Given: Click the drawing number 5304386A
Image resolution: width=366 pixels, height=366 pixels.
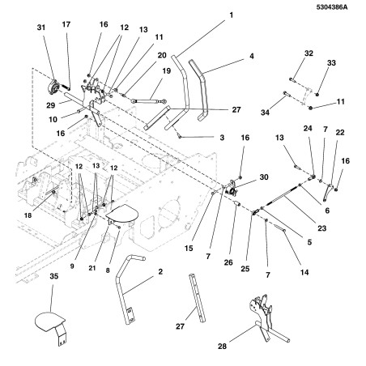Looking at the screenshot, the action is pos(332,7).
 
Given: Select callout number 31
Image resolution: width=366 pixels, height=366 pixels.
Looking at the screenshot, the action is pos(41,28).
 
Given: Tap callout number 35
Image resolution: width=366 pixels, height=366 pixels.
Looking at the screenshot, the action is pos(54,276).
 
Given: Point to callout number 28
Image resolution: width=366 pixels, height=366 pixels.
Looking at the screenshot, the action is pos(222,346).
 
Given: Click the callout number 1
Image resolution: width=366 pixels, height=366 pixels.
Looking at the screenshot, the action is pos(231,15).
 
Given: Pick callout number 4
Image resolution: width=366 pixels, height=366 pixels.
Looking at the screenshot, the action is pos(252,56).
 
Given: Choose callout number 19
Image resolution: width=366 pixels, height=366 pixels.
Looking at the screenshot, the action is pos(167,71).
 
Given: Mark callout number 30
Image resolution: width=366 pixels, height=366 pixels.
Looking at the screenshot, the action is pos(264,177).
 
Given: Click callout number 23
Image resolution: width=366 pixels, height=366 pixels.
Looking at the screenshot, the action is pos(322,228).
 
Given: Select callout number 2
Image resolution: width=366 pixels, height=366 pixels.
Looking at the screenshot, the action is pos(160,271).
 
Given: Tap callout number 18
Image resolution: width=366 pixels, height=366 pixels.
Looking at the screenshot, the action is pos(28,215).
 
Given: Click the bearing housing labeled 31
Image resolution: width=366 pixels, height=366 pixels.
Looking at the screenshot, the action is pos(54,87).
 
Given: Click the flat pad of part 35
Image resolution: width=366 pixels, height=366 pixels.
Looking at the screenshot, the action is pos(50,321).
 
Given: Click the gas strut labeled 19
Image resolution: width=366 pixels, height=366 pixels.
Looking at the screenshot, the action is pos(149,101).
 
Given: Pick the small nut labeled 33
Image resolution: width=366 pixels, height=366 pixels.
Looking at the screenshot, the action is pos(317,94).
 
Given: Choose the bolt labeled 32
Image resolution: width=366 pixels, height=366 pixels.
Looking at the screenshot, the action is pos(293,79).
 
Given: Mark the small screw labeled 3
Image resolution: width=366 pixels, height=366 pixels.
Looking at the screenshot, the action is pos(180,137).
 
